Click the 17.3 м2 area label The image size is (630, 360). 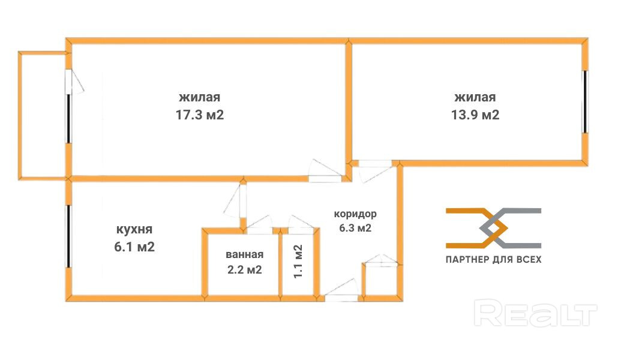point(200,115)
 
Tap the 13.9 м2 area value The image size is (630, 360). point(475,115)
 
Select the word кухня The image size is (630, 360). point(134,229)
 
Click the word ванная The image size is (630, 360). point(244,254)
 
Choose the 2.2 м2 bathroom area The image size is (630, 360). point(244,270)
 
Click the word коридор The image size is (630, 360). point(356,214)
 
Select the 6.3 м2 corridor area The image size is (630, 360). point(356,228)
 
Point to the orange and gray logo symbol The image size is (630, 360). point(493,228)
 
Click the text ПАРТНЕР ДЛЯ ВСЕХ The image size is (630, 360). point(493,260)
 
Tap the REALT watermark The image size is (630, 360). point(535,314)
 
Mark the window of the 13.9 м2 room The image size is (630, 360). point(584,102)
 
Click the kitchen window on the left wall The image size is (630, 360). point(69,237)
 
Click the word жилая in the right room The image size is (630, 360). point(475,97)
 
